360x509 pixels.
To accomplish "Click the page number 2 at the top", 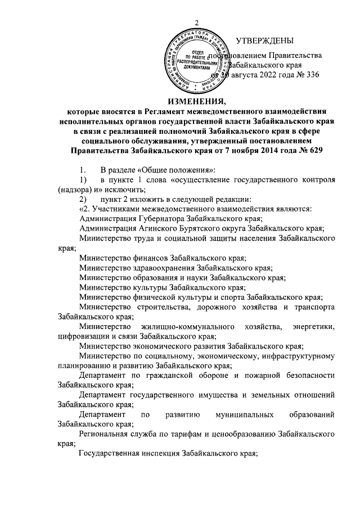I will (197, 22).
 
